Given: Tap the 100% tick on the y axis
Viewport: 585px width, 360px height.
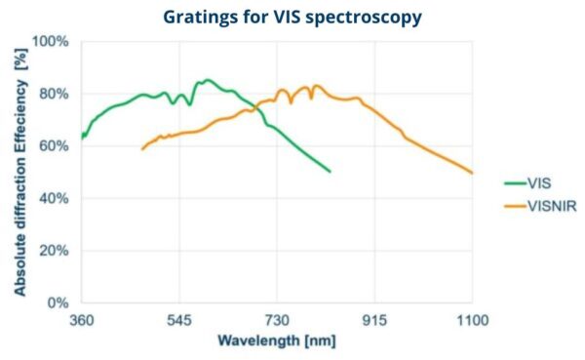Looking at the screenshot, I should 52,42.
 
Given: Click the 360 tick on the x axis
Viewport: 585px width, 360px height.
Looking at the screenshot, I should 81,320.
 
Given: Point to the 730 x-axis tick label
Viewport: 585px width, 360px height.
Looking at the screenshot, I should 277,320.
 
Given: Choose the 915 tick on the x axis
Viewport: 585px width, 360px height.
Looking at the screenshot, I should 374,320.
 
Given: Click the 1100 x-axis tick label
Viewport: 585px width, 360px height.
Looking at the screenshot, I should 472,320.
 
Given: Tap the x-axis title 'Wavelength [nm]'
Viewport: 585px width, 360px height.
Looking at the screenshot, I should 276,341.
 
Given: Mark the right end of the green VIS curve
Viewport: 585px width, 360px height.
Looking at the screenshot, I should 331,172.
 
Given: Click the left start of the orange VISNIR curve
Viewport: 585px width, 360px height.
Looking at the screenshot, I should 142,149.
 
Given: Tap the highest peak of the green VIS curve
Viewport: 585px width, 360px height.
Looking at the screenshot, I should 207,80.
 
